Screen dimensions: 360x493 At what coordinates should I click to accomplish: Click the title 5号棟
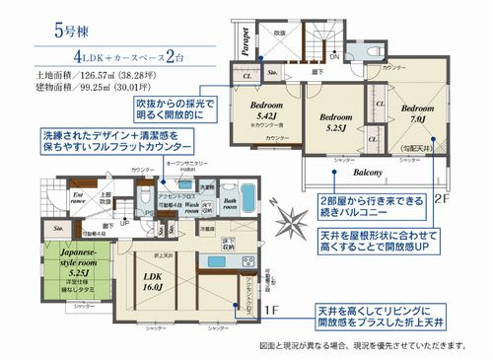pos(77,30)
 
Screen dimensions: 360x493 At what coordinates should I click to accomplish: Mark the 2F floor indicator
pos(441,198)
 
